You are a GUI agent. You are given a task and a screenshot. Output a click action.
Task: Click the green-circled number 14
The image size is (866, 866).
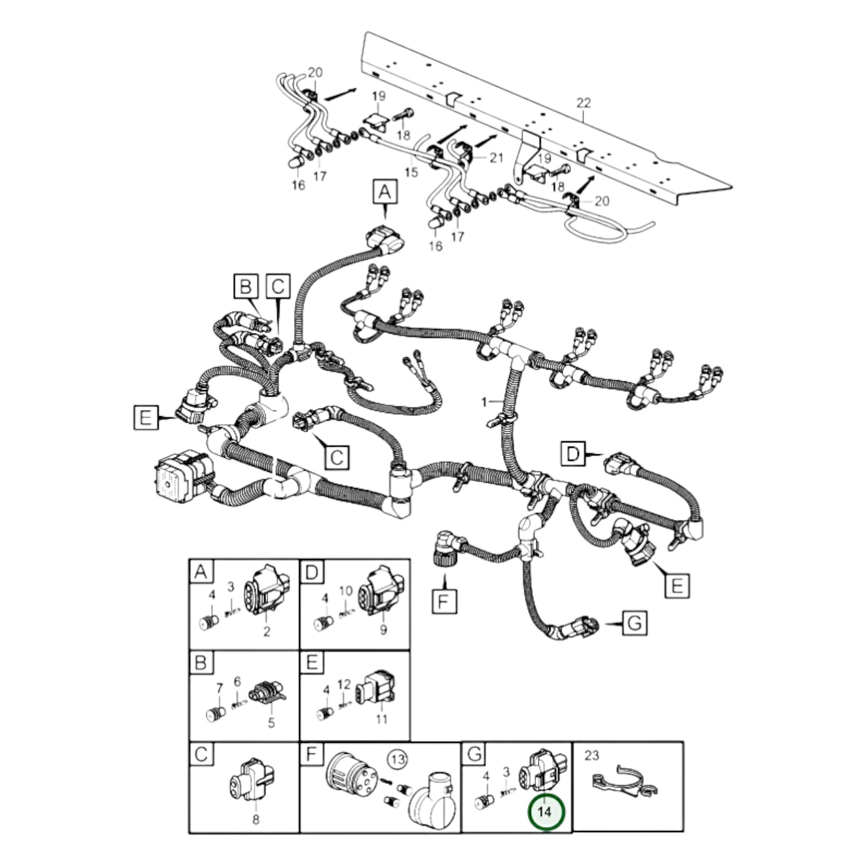point(546,811)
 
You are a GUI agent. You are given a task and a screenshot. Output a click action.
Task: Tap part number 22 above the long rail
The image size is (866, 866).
point(583,103)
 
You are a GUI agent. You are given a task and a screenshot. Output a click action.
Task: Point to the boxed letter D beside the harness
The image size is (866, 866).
point(573,454)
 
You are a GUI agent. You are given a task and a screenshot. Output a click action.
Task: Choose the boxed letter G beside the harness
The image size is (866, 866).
point(635,623)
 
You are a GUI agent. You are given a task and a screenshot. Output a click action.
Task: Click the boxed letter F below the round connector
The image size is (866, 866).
point(444,601)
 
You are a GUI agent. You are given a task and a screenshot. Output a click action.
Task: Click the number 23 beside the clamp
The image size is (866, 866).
point(592,755)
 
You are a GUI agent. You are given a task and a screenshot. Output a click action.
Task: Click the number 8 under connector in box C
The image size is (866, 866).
point(255,819)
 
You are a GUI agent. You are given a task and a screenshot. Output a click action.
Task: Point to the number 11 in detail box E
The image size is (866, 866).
point(381,720)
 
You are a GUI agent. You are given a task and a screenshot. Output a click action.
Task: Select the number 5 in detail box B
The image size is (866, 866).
point(271,723)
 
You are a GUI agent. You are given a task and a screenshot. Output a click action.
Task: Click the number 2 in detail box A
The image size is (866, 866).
point(267,631)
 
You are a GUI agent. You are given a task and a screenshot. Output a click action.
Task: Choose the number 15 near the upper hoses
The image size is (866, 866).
point(411,172)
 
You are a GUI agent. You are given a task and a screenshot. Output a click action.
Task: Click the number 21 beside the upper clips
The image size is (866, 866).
point(496,158)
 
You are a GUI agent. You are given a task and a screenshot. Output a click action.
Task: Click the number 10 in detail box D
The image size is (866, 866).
point(346,591)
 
